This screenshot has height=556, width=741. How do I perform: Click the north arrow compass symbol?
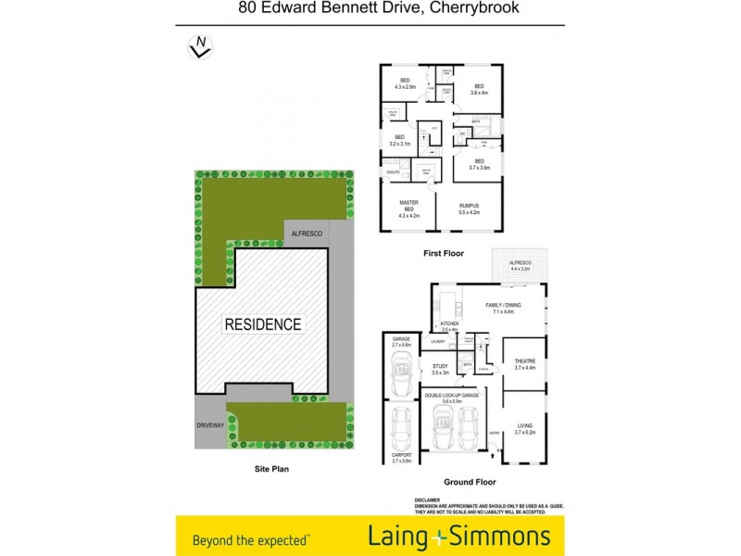199,46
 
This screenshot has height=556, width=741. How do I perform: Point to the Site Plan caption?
272,470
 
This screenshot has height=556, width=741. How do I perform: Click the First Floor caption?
445,253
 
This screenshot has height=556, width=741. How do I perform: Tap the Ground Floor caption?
469,482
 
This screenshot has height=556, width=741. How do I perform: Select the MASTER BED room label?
408,208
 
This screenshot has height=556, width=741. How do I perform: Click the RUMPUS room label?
469,208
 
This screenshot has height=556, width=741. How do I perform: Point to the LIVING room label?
525,427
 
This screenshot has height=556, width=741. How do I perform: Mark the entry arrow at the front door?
494,432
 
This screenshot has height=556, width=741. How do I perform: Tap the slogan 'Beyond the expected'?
250,538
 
